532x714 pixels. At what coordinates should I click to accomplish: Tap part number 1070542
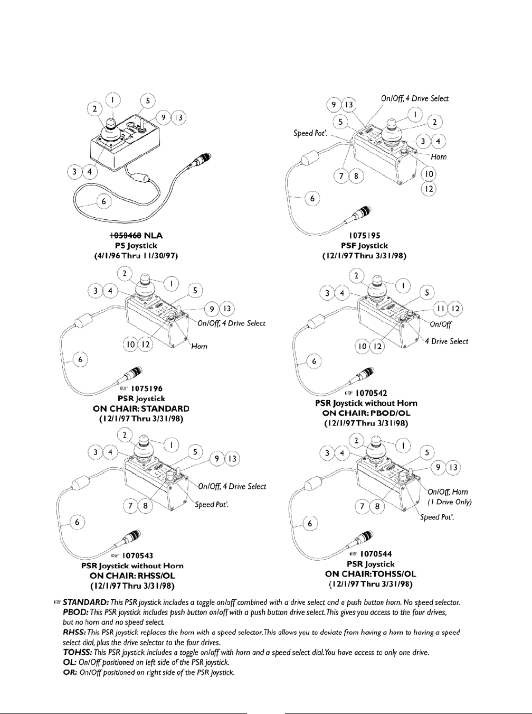pyautogui.click(x=372, y=393)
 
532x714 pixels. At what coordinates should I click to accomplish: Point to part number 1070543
pyautogui.click(x=139, y=556)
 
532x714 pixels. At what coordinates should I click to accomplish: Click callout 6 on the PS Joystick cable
pyautogui.click(x=104, y=201)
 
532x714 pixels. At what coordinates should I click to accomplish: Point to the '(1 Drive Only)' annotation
pyautogui.click(x=450, y=502)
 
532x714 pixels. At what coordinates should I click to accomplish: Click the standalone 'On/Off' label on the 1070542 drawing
pyautogui.click(x=442, y=325)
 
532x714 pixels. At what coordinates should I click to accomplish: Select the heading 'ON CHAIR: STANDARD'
pyautogui.click(x=141, y=409)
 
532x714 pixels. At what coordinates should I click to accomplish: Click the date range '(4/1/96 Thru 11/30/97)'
pyautogui.click(x=132, y=256)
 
